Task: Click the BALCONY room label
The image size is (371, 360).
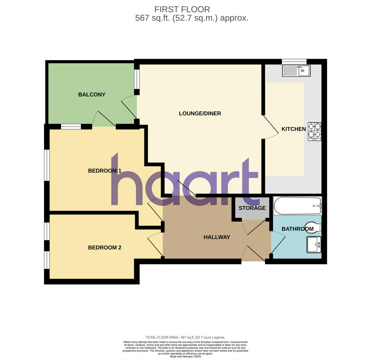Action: (x=92, y=94)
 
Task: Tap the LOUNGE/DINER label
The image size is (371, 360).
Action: (x=200, y=113)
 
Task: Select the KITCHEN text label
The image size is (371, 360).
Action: (x=293, y=129)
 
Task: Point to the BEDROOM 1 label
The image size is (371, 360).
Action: (x=104, y=171)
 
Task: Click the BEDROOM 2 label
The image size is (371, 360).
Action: (x=104, y=248)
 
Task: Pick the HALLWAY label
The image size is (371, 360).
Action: (x=217, y=237)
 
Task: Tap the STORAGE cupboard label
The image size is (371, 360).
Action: (x=252, y=208)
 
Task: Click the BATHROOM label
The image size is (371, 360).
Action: (x=297, y=229)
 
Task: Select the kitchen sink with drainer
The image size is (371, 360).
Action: (x=296, y=71)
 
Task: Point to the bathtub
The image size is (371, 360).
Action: (x=297, y=206)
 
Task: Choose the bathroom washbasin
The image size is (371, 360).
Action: (x=314, y=245)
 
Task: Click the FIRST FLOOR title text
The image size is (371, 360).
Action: (x=182, y=9)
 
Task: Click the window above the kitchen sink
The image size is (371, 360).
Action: (x=294, y=61)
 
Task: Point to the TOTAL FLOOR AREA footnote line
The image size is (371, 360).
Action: (x=185, y=337)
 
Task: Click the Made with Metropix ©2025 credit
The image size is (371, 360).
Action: (x=185, y=356)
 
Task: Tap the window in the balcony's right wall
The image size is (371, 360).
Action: (x=136, y=79)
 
